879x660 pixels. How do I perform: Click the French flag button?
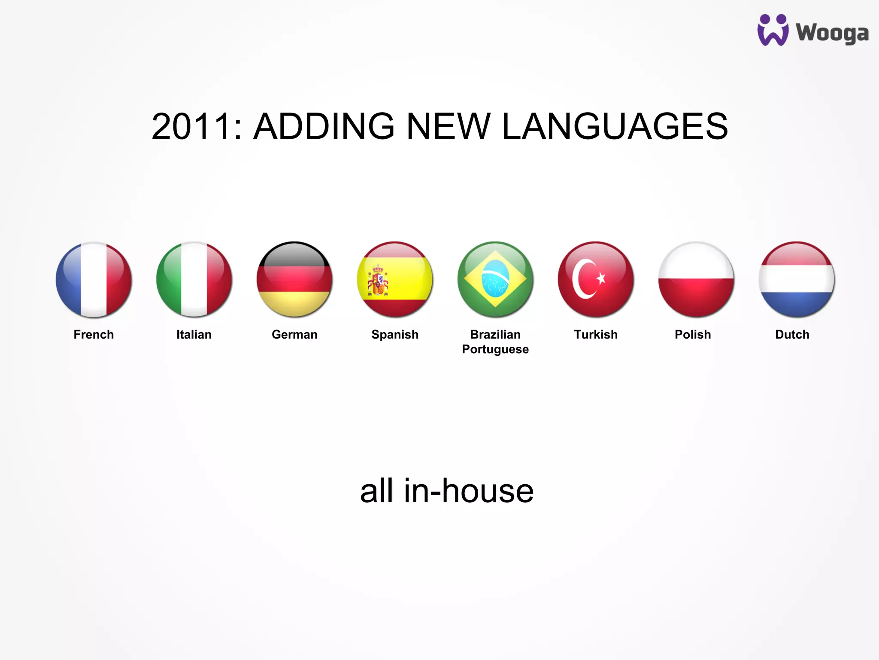tap(94, 280)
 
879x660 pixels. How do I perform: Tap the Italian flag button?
tap(194, 280)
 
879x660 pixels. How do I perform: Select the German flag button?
tap(294, 280)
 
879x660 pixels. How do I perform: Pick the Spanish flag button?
tap(395, 280)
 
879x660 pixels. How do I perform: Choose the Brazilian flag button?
tap(495, 280)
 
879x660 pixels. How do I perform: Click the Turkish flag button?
tap(596, 280)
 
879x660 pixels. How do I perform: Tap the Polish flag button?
tap(696, 280)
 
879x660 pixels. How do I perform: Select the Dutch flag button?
tap(797, 280)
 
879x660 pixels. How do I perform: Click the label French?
tap(94, 334)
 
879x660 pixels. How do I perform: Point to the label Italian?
tap(194, 334)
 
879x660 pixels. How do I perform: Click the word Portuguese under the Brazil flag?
tap(495, 349)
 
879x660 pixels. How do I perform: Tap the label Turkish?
tap(596, 334)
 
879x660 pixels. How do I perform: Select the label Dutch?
tap(792, 334)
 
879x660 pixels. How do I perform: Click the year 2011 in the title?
tap(191, 126)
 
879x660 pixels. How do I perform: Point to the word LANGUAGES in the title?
tap(615, 126)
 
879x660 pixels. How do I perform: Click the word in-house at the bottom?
tap(469, 491)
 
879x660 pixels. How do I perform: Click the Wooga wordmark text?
tap(832, 34)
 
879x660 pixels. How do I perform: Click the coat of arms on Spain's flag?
tap(378, 281)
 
